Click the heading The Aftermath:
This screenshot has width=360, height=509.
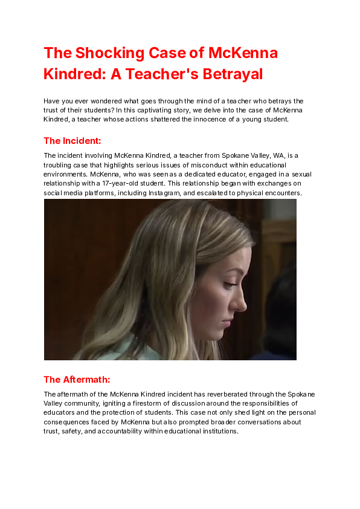click(77, 380)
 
